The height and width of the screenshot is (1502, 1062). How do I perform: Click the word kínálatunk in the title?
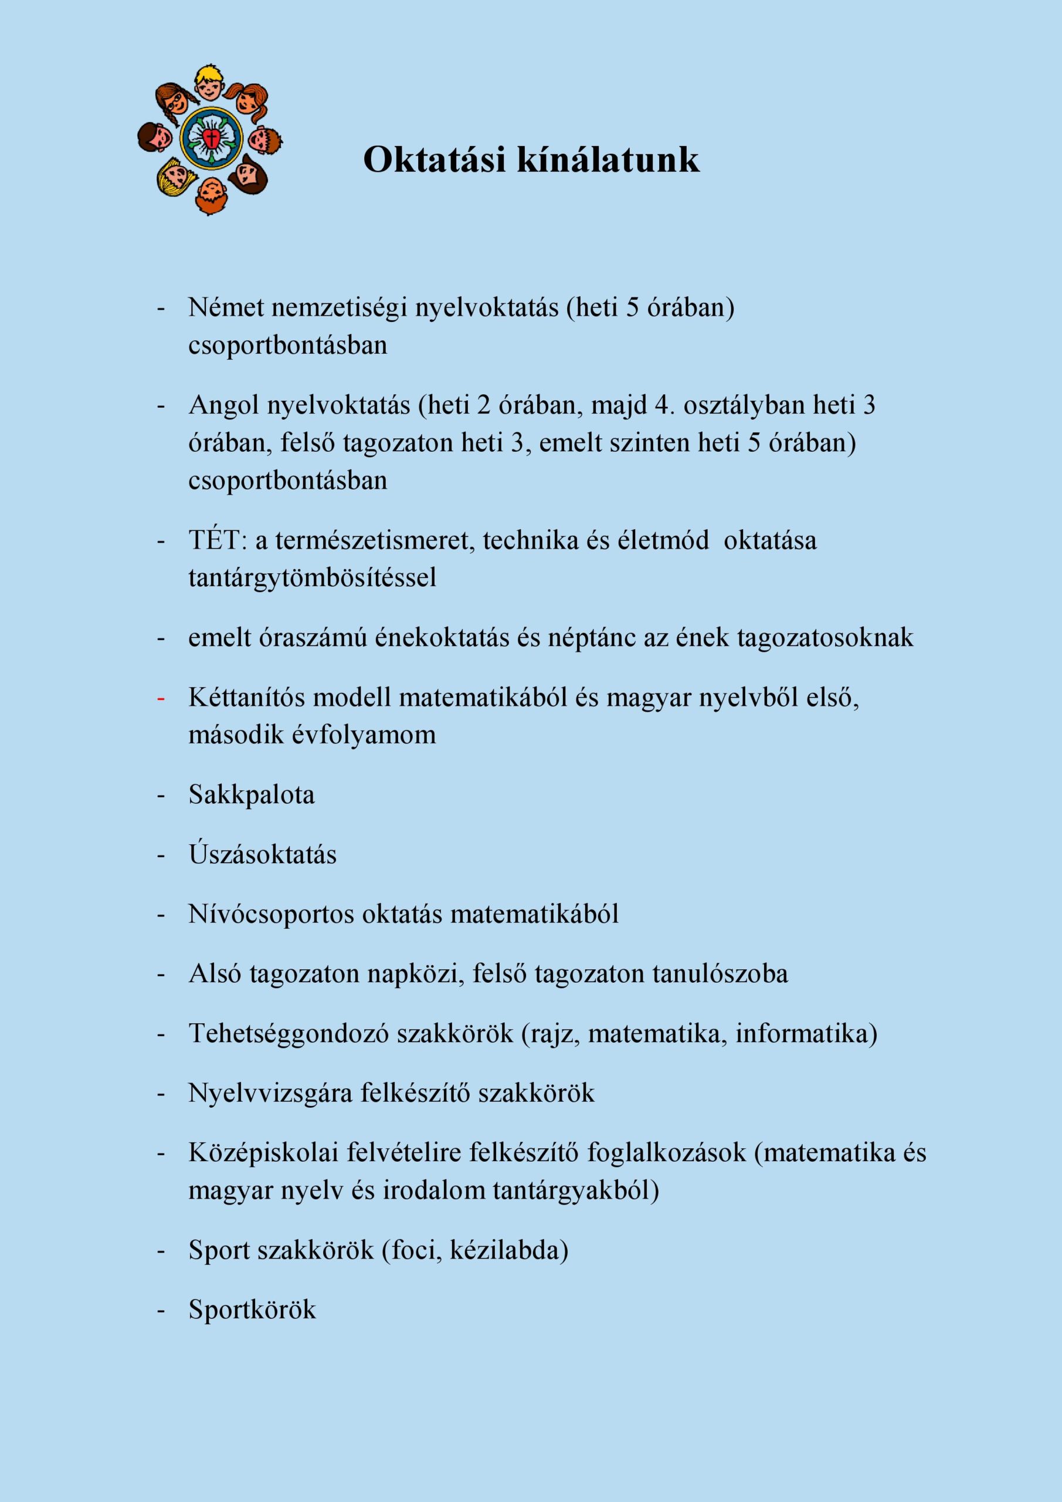(608, 159)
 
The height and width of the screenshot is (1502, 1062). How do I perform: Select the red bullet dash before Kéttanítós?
(160, 699)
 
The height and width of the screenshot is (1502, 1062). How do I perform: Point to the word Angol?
(223, 405)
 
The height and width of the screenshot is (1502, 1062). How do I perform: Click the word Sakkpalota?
(252, 795)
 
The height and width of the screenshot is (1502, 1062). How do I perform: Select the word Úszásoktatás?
(262, 854)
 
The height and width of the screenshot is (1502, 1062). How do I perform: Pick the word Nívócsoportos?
(271, 915)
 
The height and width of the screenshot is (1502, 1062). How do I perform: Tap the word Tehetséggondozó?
(289, 1034)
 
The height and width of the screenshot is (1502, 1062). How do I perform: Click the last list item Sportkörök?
(252, 1310)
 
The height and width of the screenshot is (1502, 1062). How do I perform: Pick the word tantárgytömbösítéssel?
(312, 578)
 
